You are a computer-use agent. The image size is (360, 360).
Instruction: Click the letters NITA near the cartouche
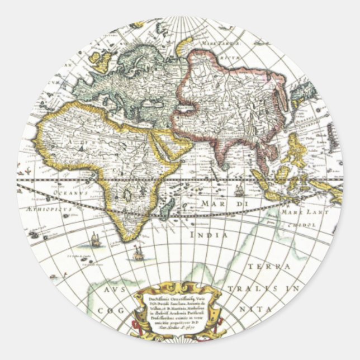[x=257, y=308]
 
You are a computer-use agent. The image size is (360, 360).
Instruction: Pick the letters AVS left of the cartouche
[x=115, y=290]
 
